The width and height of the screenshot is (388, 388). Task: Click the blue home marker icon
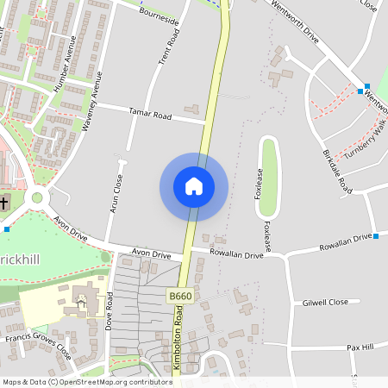tap(194, 186)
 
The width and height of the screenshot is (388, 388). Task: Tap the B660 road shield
tap(179, 296)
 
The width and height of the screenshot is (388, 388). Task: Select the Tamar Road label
tap(149, 114)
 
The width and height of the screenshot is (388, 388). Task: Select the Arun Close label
tap(118, 195)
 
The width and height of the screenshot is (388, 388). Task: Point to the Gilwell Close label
tap(325, 302)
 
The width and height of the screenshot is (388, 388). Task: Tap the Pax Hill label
tap(360, 347)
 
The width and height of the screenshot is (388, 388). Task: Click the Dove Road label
tap(110, 312)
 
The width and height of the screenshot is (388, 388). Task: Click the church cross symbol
tap(4, 203)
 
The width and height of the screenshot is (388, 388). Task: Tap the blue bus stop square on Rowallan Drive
tap(376, 235)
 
